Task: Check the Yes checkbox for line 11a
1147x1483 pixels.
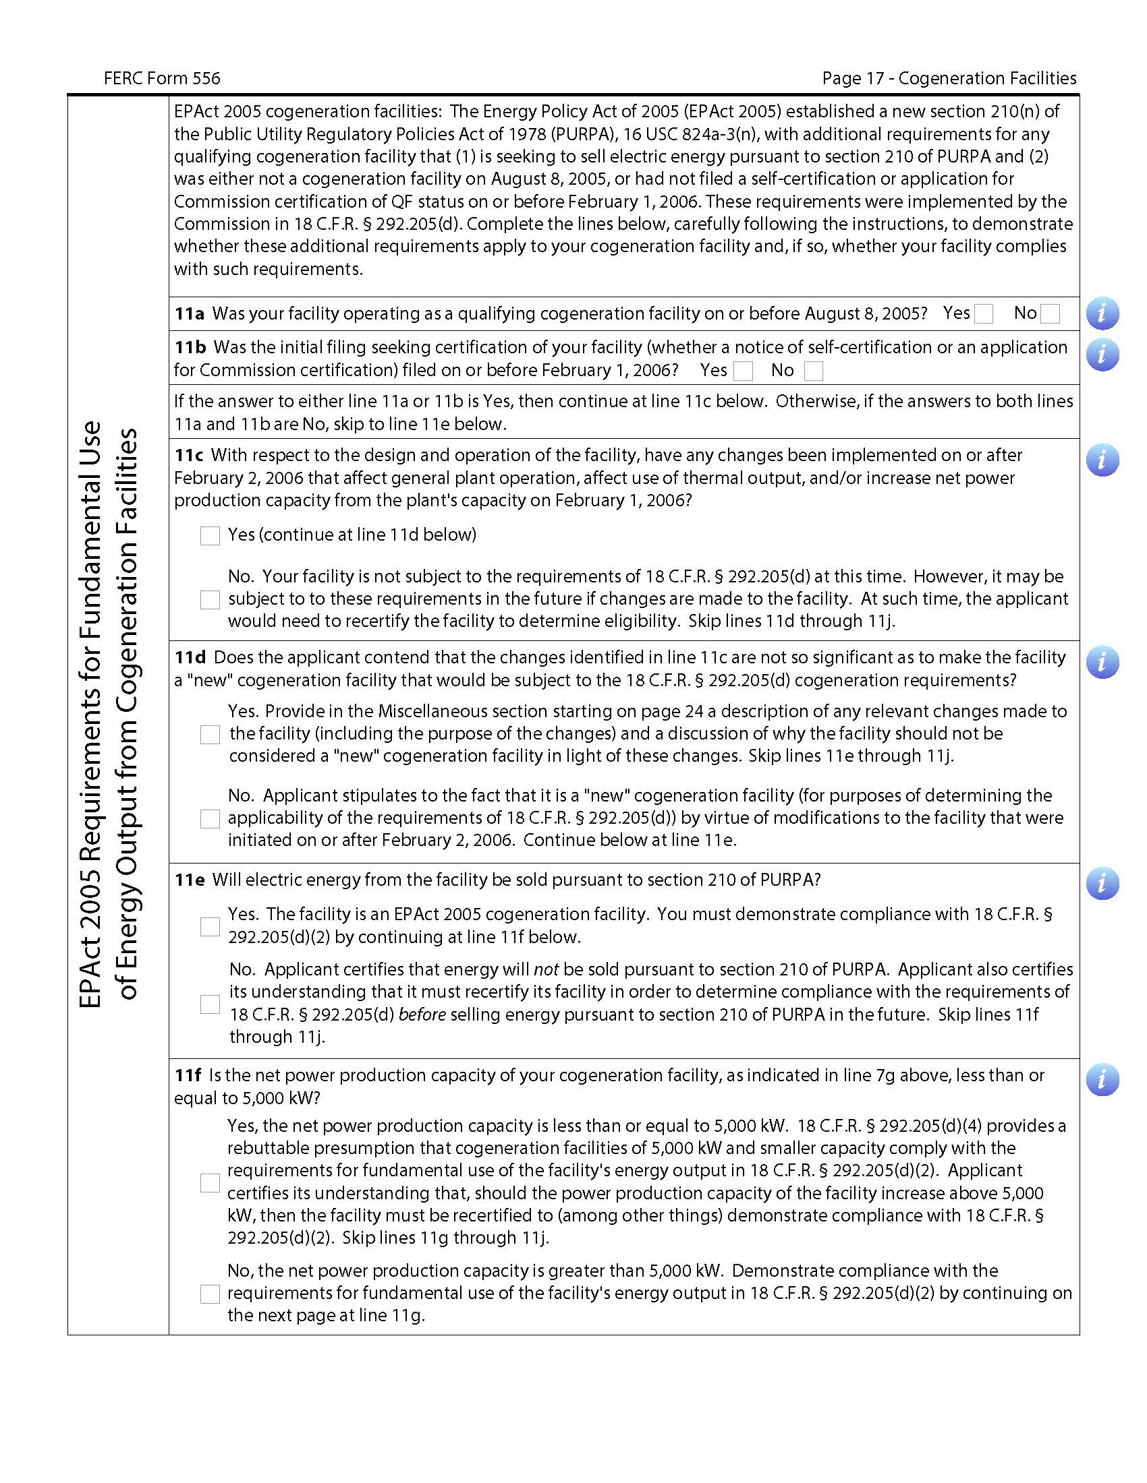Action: tap(983, 313)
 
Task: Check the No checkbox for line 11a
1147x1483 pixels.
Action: tap(1050, 313)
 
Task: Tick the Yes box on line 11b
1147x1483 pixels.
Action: tap(744, 371)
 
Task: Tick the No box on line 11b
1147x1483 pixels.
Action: tap(814, 371)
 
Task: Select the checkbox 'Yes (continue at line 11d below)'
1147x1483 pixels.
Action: tap(210, 536)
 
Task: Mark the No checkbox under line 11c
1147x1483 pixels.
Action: tap(210, 599)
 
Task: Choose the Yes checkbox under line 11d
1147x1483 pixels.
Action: tap(210, 735)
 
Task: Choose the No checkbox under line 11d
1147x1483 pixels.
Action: tap(210, 819)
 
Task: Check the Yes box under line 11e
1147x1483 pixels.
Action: tap(210, 927)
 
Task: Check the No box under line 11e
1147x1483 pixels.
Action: tap(210, 1004)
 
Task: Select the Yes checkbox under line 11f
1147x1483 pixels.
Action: tap(210, 1183)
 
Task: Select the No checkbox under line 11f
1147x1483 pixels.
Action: tap(210, 1294)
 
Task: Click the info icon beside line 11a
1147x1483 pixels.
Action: tap(1102, 313)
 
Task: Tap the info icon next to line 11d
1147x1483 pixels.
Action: tap(1102, 662)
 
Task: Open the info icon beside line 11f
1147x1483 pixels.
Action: tap(1102, 1080)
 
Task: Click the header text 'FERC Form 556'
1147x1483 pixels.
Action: tap(162, 79)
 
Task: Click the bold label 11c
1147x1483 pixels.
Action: tap(189, 456)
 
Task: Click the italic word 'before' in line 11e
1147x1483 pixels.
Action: tap(422, 1015)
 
